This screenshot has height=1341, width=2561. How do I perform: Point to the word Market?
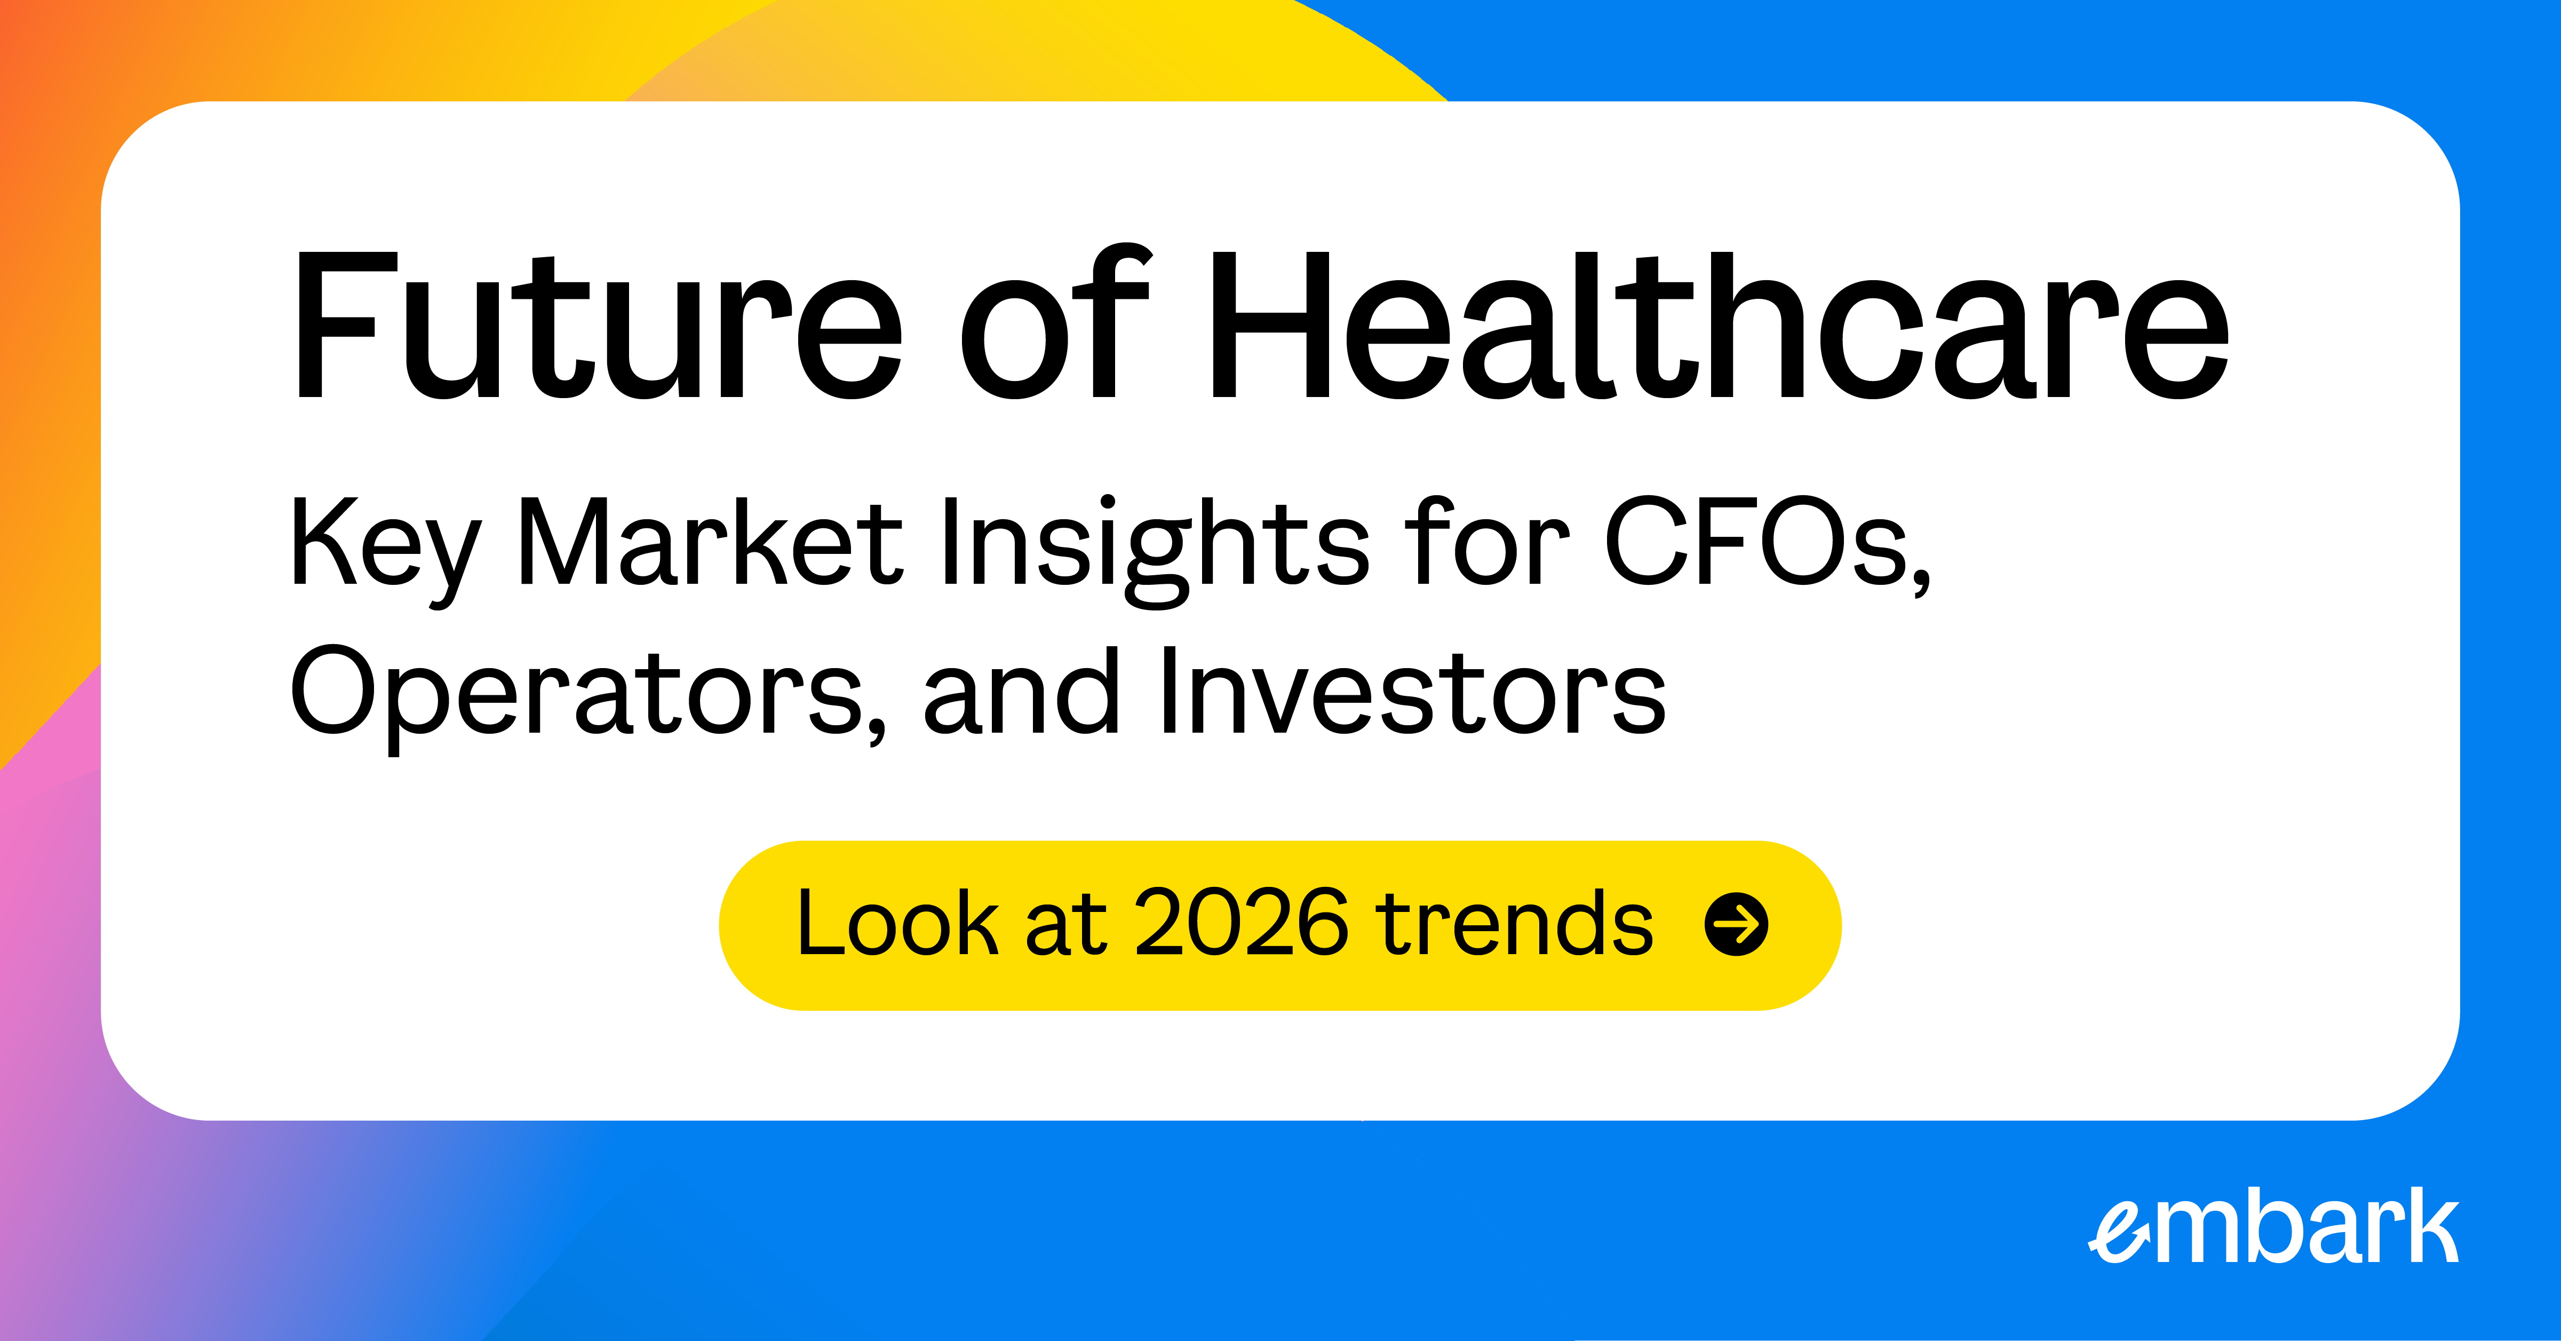tap(711, 542)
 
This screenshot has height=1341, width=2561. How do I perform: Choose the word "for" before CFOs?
tap(1491, 542)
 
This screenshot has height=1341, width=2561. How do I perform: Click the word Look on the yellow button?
tap(897, 924)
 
